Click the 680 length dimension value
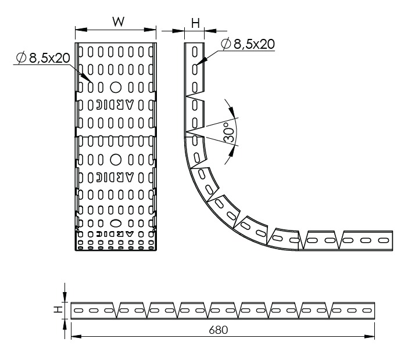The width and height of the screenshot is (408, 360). pos(219,330)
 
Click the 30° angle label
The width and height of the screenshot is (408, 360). pos(229,132)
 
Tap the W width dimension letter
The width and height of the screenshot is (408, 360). pos(119,22)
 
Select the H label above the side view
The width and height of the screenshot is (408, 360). pos(195,23)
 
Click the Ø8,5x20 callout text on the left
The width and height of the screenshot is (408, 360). pos(43,57)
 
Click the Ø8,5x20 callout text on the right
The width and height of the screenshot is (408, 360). pos(248,44)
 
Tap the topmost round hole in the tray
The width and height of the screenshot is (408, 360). pos(116,87)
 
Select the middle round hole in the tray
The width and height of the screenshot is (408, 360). pos(116,160)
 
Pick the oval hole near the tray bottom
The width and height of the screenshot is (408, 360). pos(116,223)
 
